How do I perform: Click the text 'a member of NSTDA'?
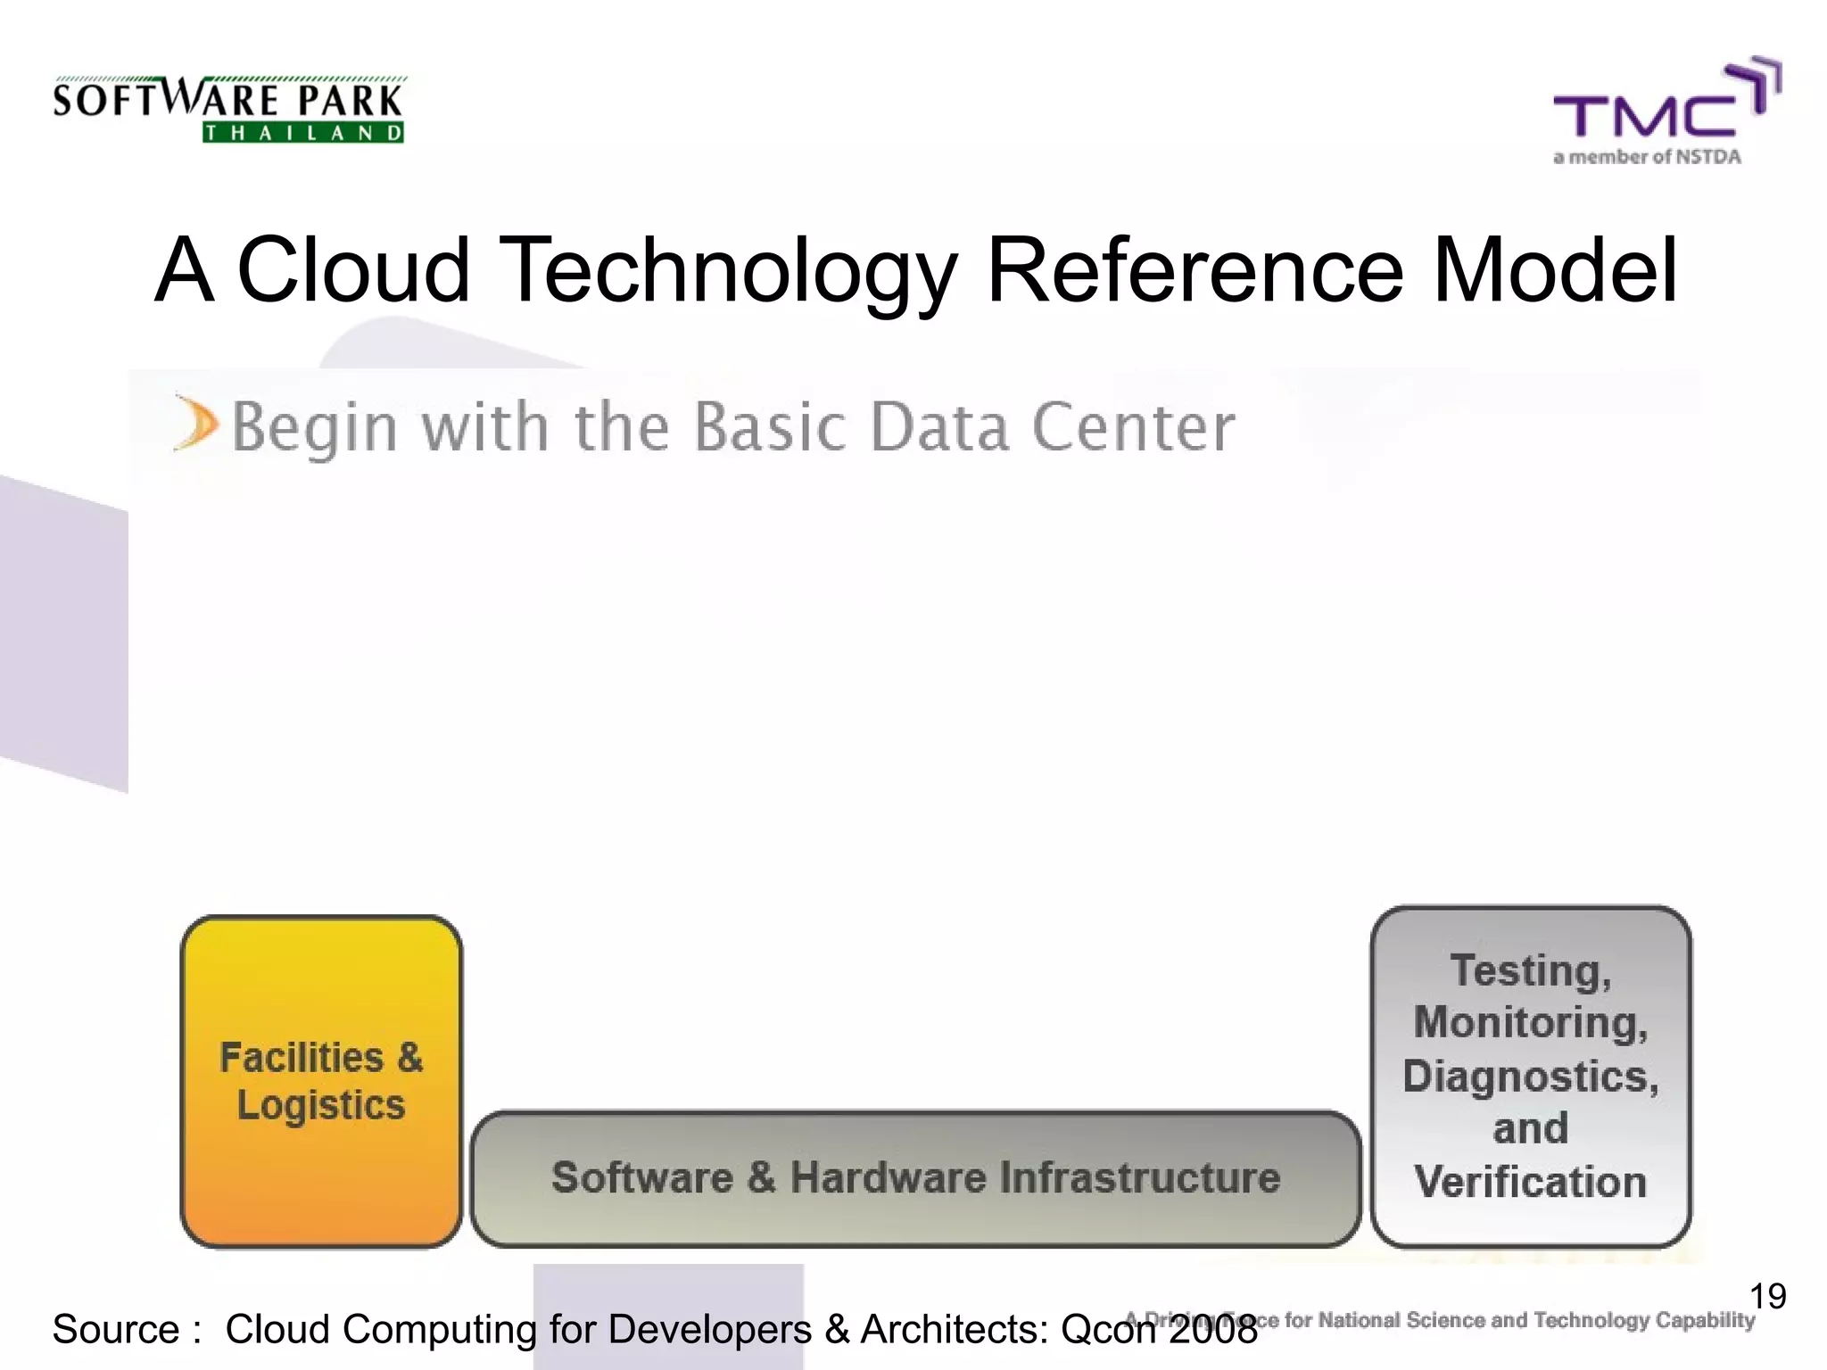pyautogui.click(x=1647, y=157)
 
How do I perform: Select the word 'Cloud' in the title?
pyautogui.click(x=353, y=269)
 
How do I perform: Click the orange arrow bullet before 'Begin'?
pyautogui.click(x=194, y=424)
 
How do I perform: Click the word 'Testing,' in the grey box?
pyautogui.click(x=1531, y=970)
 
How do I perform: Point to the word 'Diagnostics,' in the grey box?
pyautogui.click(x=1531, y=1076)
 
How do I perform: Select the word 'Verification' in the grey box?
pyautogui.click(x=1531, y=1182)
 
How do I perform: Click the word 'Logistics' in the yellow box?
pyautogui.click(x=321, y=1106)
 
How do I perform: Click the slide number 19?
pyautogui.click(x=1767, y=1296)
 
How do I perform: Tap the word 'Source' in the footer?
pyautogui.click(x=116, y=1330)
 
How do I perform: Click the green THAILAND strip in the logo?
pyautogui.click(x=303, y=133)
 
